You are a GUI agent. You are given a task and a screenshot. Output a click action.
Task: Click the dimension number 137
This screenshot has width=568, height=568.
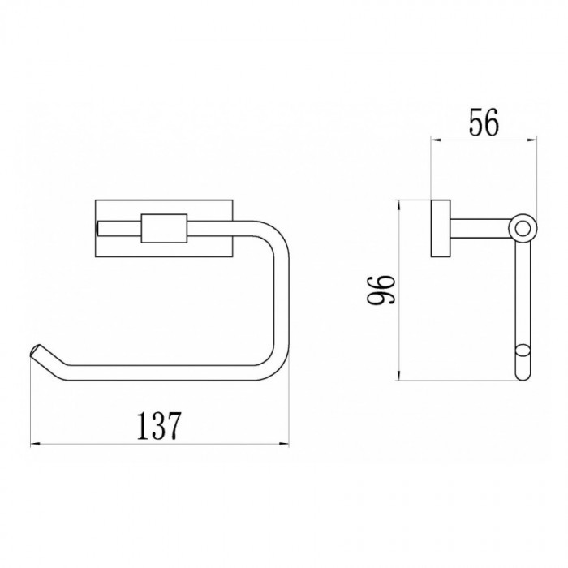[158, 426]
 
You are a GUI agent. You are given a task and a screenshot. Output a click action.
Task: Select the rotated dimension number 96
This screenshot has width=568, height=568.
[381, 290]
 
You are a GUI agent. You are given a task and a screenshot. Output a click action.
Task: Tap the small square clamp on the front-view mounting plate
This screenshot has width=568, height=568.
[164, 228]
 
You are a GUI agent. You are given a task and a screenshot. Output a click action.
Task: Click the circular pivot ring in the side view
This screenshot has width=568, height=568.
[522, 229]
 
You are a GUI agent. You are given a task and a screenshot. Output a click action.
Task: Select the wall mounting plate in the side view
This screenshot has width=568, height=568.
[441, 229]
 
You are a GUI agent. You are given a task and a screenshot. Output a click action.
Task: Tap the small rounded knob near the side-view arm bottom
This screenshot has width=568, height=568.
[522, 353]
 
